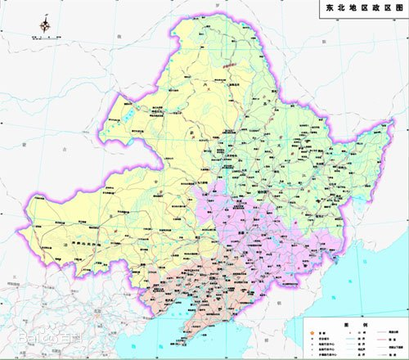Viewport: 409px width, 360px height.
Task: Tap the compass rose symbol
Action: coord(43,25)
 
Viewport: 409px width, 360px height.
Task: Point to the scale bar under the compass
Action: coord(43,38)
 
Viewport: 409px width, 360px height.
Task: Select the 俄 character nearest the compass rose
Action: coord(119,38)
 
